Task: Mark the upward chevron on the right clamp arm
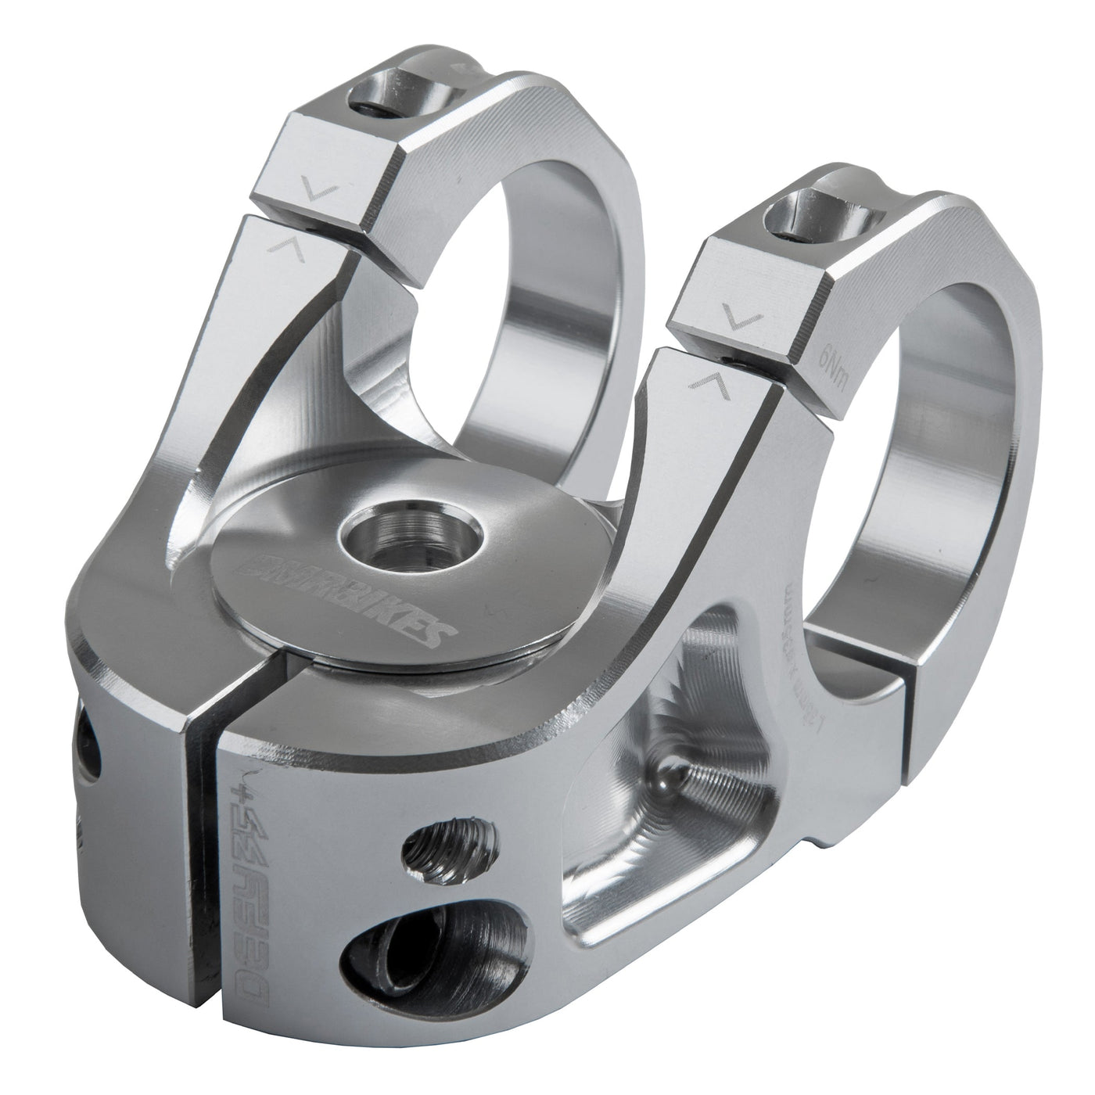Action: [708, 382]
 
